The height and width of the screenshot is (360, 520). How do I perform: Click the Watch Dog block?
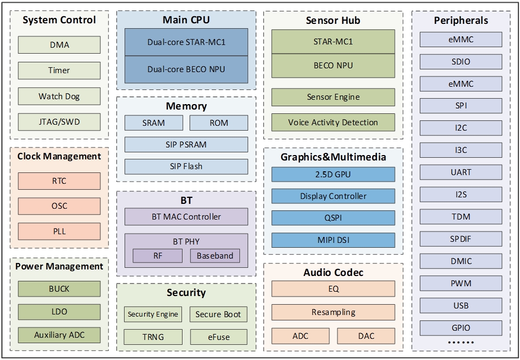(59, 97)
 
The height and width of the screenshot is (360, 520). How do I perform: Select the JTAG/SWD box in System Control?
(59, 122)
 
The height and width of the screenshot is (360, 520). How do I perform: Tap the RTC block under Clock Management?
(59, 181)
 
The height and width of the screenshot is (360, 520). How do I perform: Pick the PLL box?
(59, 231)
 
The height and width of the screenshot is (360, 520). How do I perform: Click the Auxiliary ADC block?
(59, 335)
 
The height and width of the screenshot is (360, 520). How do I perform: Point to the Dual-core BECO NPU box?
(186, 69)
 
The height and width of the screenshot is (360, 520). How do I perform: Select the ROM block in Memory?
(219, 123)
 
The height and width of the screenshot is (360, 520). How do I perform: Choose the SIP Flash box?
(186, 166)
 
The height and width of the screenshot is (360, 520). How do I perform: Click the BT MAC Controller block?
(186, 217)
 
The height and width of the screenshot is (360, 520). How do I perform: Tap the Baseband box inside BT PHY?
(215, 256)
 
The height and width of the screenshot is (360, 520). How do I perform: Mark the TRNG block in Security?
(153, 337)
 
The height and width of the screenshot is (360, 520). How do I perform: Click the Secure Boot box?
(218, 314)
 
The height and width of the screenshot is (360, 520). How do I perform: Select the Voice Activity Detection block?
(333, 123)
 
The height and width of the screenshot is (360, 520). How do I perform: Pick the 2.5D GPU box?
(333, 174)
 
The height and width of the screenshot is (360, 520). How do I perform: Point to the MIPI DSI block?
(333, 240)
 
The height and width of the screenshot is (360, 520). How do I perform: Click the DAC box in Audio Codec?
(366, 336)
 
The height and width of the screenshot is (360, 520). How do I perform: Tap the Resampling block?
(333, 312)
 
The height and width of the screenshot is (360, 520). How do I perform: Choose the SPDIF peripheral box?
(461, 239)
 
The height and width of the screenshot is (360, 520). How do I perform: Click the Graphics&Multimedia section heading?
(333, 157)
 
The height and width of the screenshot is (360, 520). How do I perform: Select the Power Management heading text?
(59, 266)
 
